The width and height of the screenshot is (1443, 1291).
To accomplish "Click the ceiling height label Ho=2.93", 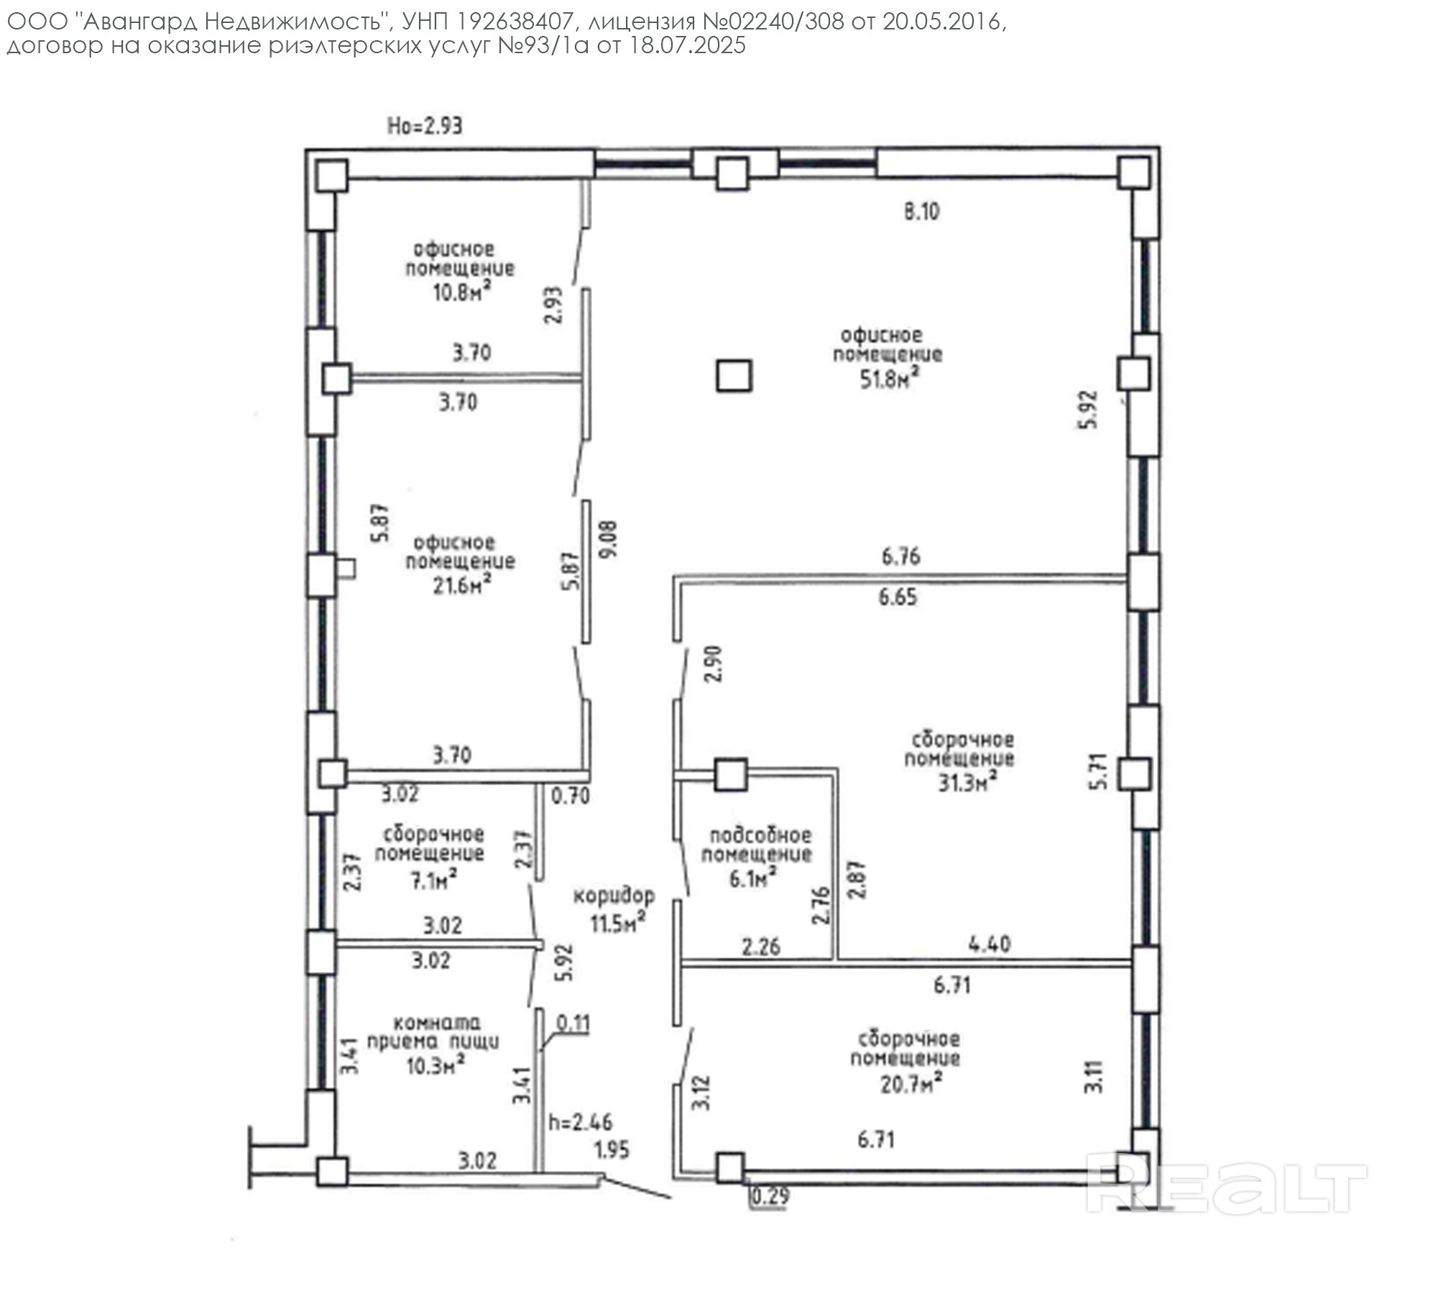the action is pyautogui.click(x=425, y=127).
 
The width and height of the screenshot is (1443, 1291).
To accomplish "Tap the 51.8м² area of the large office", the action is pyautogui.click(x=891, y=377).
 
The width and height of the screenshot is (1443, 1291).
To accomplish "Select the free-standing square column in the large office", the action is pyautogui.click(x=734, y=375).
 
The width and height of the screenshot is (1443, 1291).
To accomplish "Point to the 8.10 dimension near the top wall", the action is pyautogui.click(x=921, y=211).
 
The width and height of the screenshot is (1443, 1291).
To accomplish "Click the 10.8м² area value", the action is pyautogui.click(x=462, y=291).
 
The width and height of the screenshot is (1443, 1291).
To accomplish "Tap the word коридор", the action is pyautogui.click(x=614, y=896).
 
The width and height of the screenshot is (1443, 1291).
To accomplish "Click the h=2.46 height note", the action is pyautogui.click(x=581, y=1121).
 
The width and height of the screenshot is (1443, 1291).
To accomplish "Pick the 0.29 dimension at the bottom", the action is pyautogui.click(x=770, y=1197).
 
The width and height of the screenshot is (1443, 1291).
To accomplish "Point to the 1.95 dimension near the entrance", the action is pyautogui.click(x=612, y=1149).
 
